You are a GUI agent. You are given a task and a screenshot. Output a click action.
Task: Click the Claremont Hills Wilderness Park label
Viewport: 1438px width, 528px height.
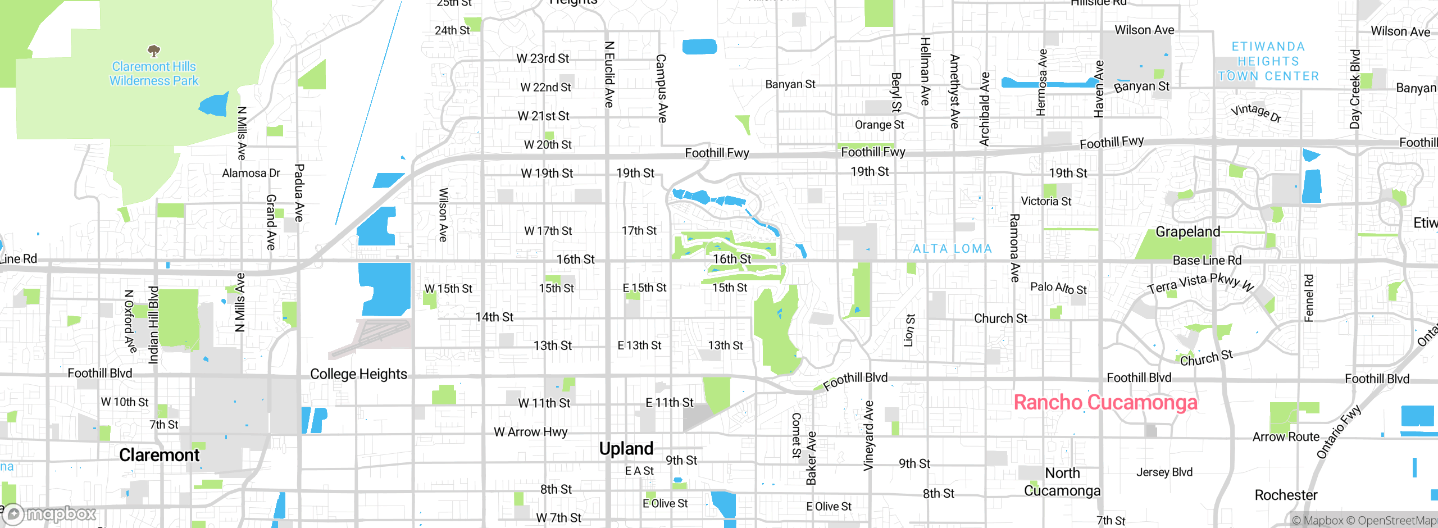[154, 74]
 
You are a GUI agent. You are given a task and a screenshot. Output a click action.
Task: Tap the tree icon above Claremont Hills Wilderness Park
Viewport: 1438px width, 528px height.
[154, 51]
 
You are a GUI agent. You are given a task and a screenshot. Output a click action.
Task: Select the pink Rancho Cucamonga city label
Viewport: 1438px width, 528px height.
[1105, 403]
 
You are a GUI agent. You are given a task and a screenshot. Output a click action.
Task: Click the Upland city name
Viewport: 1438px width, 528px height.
[626, 449]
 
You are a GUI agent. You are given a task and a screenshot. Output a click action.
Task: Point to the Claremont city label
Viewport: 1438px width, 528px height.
[159, 455]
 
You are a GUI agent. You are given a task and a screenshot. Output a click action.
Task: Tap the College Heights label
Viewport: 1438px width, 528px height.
[358, 374]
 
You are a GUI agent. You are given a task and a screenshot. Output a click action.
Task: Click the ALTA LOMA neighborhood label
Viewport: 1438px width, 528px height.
[952, 249]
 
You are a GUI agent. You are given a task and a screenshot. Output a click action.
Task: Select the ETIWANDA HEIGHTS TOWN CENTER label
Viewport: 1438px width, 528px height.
[1268, 61]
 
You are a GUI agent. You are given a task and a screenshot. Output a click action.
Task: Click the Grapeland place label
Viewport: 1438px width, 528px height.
[1187, 232]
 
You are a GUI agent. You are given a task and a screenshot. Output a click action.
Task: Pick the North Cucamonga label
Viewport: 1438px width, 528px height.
[1062, 482]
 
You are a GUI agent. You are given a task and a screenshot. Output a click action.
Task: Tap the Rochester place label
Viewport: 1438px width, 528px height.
[1286, 495]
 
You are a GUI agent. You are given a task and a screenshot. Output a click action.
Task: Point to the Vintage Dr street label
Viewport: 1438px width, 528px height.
[1256, 112]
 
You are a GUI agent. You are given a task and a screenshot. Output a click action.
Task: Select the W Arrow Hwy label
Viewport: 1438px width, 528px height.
[530, 432]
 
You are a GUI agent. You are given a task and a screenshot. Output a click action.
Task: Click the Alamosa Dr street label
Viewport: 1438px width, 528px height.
[251, 173]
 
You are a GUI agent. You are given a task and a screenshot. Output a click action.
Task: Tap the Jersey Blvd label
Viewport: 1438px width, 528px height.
[1164, 472]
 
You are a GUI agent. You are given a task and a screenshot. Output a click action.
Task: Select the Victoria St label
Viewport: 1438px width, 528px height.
[1046, 201]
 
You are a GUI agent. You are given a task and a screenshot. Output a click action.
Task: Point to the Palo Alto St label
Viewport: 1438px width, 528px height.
[1058, 288]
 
